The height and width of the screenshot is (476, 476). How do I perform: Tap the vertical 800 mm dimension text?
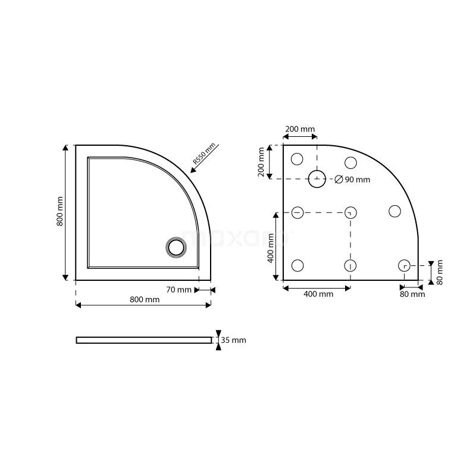pyautogui.click(x=59, y=212)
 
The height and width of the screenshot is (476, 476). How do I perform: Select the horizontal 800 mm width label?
pyautogui.click(x=145, y=299)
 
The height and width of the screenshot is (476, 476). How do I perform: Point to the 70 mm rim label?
pyautogui.click(x=178, y=290)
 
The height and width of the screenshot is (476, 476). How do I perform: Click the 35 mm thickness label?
pyautogui.click(x=233, y=340)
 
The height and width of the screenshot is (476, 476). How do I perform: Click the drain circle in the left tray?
pyautogui.click(x=176, y=246)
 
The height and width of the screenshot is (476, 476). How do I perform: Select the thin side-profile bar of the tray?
pyautogui.click(x=143, y=340)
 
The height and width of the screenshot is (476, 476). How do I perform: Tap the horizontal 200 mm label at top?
pyautogui.click(x=300, y=129)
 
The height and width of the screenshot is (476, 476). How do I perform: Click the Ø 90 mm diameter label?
pyautogui.click(x=352, y=180)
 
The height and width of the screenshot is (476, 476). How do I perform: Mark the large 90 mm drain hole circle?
pyautogui.click(x=317, y=178)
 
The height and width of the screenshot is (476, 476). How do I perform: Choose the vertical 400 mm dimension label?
pyautogui.click(x=270, y=248)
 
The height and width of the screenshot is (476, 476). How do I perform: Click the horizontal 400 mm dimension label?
pyautogui.click(x=318, y=294)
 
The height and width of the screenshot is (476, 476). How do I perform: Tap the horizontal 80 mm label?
pyautogui.click(x=412, y=294)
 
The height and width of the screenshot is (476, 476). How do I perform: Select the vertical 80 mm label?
pyautogui.click(x=440, y=273)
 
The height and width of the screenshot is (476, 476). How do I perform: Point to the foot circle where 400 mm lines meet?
pyautogui.click(x=350, y=212)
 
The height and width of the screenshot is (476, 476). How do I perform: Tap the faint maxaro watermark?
pyautogui.click(x=237, y=238)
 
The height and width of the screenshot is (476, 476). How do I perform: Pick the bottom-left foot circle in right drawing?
pyautogui.click(x=298, y=265)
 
